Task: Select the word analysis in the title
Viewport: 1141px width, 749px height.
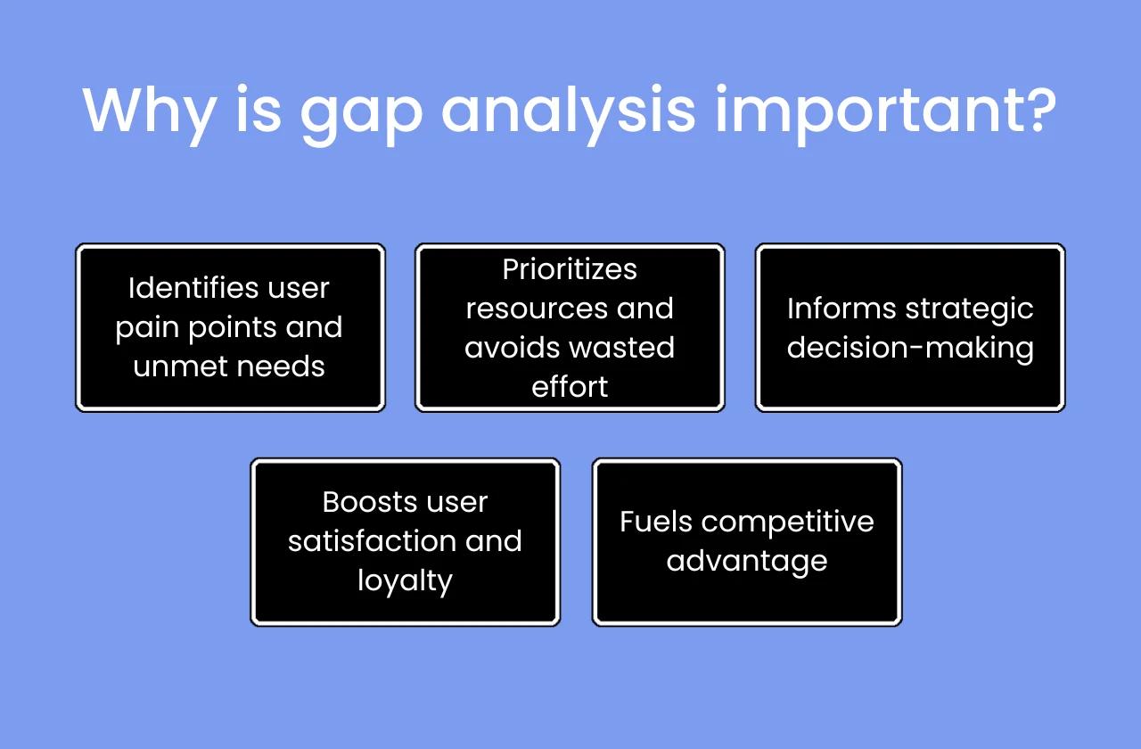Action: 569,111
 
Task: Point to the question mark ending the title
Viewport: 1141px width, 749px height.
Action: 1037,109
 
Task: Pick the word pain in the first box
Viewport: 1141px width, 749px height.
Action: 148,328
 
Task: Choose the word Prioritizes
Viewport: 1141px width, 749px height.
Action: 570,269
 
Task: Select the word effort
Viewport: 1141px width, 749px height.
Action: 570,386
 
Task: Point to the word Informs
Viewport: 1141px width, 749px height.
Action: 841,309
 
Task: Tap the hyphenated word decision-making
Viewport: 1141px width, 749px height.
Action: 910,348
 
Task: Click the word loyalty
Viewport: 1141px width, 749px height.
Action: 406,580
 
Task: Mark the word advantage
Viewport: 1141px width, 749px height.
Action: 747,562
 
